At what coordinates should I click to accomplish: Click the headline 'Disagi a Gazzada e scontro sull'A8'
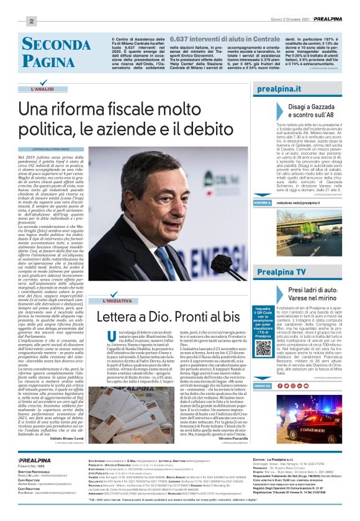tap(311, 111)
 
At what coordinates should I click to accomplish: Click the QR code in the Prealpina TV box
tap(261, 346)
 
